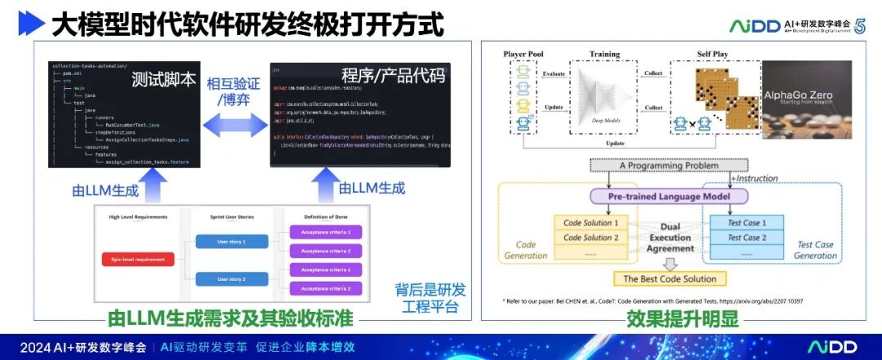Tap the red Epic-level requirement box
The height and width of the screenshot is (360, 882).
pyautogui.click(x=139, y=260)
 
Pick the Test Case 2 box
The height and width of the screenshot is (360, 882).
pyautogui.click(x=744, y=238)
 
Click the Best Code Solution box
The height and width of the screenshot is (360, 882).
pyautogui.click(x=670, y=279)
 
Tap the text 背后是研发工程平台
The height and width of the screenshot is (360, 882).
pyautogui.click(x=430, y=299)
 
